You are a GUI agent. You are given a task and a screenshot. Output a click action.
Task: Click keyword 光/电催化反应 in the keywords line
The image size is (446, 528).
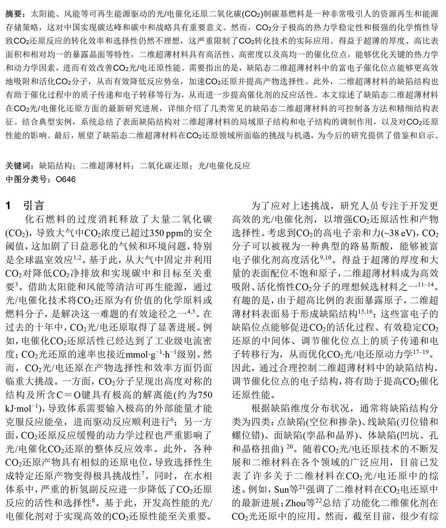point(224,165)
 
